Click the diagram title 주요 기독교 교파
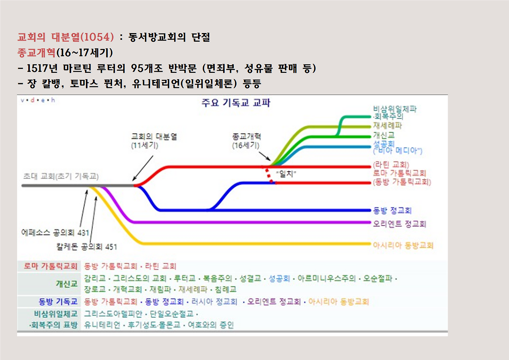236,103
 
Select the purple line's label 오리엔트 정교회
399,224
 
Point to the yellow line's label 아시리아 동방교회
403,245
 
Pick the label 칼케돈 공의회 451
87,247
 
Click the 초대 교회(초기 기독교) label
61,177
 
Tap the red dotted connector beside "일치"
267,175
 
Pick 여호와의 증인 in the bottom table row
211,325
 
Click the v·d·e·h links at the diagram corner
37,100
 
